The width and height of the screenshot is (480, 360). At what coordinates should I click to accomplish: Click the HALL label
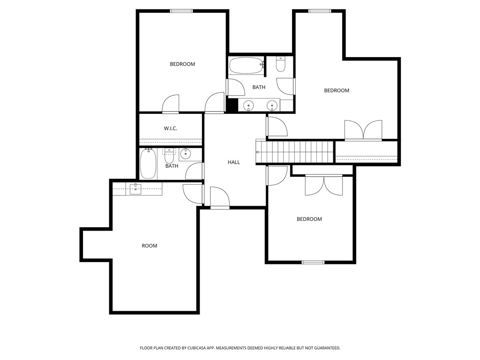click(x=234, y=162)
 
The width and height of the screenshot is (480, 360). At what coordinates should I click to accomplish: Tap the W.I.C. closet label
click(x=170, y=128)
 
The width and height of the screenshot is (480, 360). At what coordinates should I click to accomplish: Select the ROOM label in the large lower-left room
click(x=150, y=246)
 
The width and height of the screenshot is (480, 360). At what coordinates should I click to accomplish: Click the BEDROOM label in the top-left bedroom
click(x=182, y=64)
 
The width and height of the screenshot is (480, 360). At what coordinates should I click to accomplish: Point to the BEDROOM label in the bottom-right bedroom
click(x=309, y=219)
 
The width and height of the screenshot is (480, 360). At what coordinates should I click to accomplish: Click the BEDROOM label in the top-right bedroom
click(x=337, y=90)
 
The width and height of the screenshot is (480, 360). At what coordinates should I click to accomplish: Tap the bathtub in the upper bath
click(x=247, y=66)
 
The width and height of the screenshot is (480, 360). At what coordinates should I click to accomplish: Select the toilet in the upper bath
click(x=281, y=64)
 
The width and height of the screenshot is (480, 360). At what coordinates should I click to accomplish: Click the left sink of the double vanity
click(x=248, y=105)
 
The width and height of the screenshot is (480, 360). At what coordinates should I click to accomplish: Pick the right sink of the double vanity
click(x=272, y=105)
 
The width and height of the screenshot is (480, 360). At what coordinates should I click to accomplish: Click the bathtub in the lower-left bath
click(x=148, y=164)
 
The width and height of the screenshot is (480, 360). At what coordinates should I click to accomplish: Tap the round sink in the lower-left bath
click(x=186, y=153)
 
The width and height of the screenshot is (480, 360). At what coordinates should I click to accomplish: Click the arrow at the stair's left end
click(x=257, y=152)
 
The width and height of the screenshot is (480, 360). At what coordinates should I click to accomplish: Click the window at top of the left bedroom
click(x=181, y=11)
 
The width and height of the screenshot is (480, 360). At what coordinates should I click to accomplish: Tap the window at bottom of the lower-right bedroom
click(x=313, y=262)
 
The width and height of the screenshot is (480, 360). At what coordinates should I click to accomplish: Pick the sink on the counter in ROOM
click(x=135, y=188)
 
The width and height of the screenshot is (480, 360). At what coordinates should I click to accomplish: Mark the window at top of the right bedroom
click(x=320, y=11)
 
